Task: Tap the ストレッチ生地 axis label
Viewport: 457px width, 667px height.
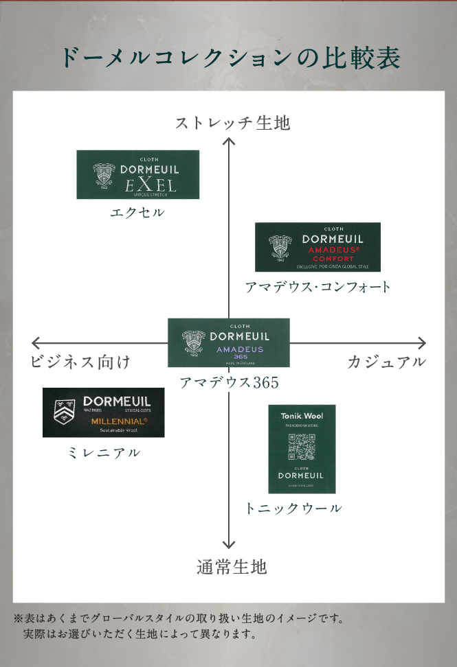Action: click(x=232, y=124)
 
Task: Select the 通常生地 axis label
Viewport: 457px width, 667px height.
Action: click(x=231, y=567)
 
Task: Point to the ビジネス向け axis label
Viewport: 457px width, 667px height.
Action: click(x=80, y=362)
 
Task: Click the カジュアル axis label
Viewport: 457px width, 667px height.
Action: click(x=386, y=362)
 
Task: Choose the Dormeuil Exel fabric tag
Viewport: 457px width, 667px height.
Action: click(x=137, y=175)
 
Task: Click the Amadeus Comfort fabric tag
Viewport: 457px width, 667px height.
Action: click(x=317, y=247)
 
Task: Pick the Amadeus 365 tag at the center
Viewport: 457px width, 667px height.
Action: click(x=229, y=342)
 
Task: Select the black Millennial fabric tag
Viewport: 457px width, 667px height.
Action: click(x=103, y=412)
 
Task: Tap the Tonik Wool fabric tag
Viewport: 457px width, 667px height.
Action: click(x=302, y=449)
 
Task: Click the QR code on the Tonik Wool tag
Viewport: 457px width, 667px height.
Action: click(x=302, y=447)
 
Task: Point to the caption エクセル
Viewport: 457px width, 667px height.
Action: click(x=137, y=213)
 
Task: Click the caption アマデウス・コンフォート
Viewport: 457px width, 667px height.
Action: click(x=317, y=287)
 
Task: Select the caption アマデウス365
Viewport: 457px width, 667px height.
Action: click(x=229, y=383)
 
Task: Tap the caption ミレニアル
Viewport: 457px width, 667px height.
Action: click(x=104, y=453)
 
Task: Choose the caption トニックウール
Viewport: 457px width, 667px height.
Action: click(x=293, y=508)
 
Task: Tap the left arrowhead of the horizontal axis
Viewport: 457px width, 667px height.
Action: click(x=35, y=343)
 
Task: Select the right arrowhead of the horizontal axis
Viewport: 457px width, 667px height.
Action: click(x=422, y=343)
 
